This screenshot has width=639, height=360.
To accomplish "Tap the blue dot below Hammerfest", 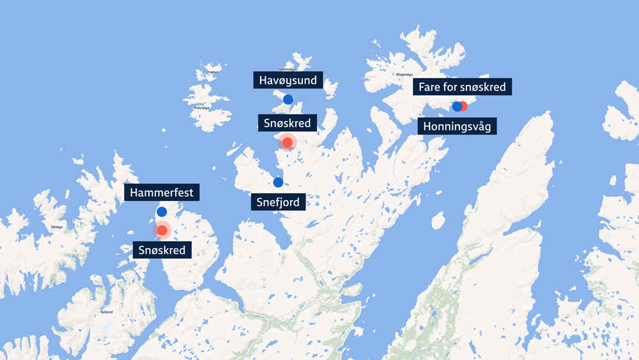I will pyautogui.click(x=162, y=212).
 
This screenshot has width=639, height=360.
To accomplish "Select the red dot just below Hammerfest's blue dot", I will pyautogui.click(x=162, y=230).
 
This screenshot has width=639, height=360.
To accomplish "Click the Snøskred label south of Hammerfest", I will pyautogui.click(x=162, y=250).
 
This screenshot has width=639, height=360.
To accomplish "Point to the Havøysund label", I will pyautogui.click(x=288, y=81).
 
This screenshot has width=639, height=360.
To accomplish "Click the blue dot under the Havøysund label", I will pyautogui.click(x=288, y=99).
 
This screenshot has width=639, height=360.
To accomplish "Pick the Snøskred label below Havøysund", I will pyautogui.click(x=287, y=123).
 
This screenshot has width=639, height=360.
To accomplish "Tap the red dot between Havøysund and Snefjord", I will pyautogui.click(x=288, y=142).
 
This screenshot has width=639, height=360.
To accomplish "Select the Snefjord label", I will pyautogui.click(x=278, y=203).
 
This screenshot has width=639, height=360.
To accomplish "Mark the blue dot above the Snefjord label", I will pyautogui.click(x=278, y=182).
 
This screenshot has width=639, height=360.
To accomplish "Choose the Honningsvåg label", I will pyautogui.click(x=457, y=126).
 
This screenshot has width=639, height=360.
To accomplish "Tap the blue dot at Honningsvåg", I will pyautogui.click(x=456, y=107).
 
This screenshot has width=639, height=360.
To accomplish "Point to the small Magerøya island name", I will pyautogui.click(x=413, y=74).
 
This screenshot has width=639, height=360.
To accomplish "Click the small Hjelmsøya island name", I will pyautogui.click(x=288, y=68).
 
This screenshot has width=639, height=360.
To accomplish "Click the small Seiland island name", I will pyautogui.click(x=106, y=311).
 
